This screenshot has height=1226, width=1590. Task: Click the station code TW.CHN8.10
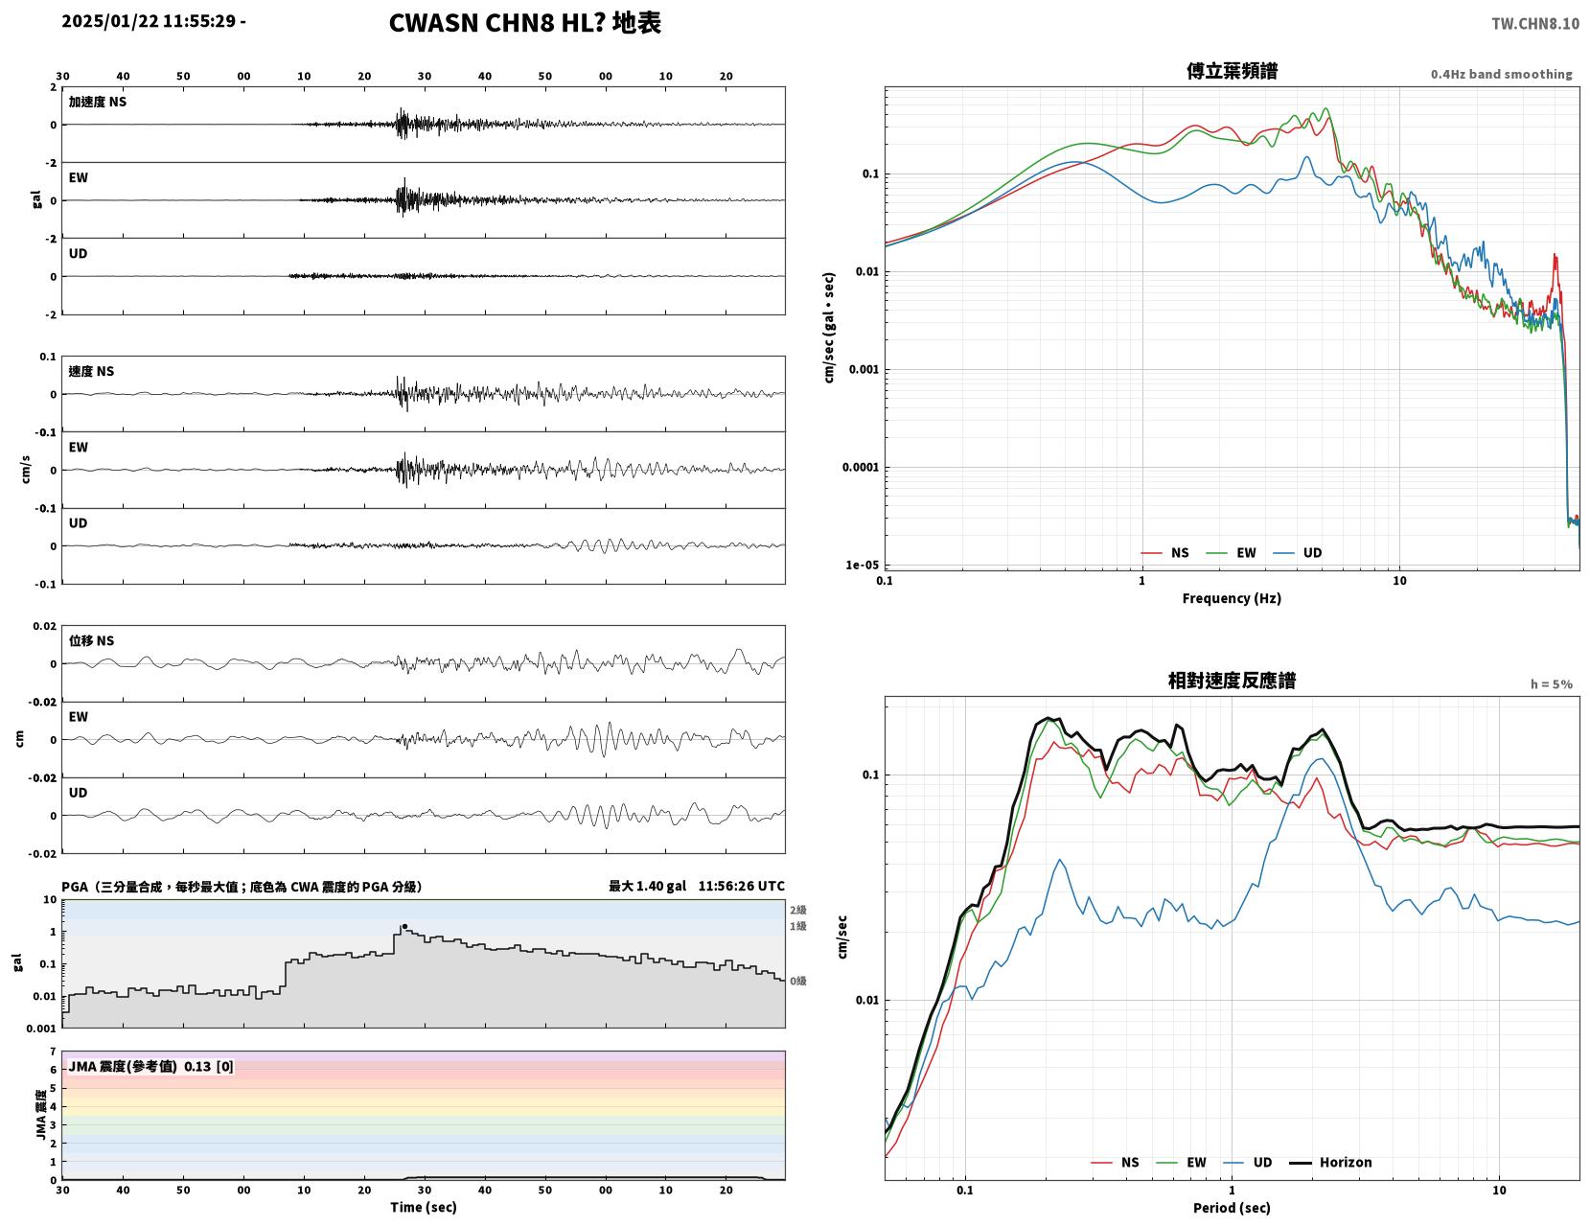click(x=1535, y=23)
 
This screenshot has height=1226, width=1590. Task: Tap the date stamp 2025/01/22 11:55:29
click(x=149, y=20)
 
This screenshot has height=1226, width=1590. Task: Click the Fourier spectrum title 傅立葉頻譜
click(x=1232, y=71)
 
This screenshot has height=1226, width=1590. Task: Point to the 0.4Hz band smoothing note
click(x=1501, y=74)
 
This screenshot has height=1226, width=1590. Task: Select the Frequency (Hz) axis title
click(x=1232, y=597)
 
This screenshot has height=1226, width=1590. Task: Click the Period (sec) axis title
click(x=1232, y=1207)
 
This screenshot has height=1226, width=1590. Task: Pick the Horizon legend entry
click(x=1329, y=1162)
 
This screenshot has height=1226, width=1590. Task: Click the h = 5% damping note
click(x=1552, y=684)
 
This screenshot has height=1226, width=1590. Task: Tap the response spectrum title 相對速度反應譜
click(x=1232, y=681)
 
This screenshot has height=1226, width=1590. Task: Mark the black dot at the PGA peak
click(x=404, y=926)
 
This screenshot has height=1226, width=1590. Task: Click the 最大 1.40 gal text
click(x=647, y=886)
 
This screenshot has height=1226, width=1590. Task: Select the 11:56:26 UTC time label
click(x=741, y=886)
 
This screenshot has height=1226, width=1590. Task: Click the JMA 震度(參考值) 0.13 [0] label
click(x=150, y=1066)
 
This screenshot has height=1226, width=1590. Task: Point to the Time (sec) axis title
click(x=423, y=1206)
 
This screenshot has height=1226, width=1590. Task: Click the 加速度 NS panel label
click(x=98, y=102)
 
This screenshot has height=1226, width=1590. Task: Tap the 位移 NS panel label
click(x=91, y=640)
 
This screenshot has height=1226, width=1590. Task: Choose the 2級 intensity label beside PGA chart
click(x=797, y=910)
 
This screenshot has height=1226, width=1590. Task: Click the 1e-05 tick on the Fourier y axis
click(x=862, y=565)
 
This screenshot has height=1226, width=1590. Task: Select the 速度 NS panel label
click(x=91, y=371)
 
